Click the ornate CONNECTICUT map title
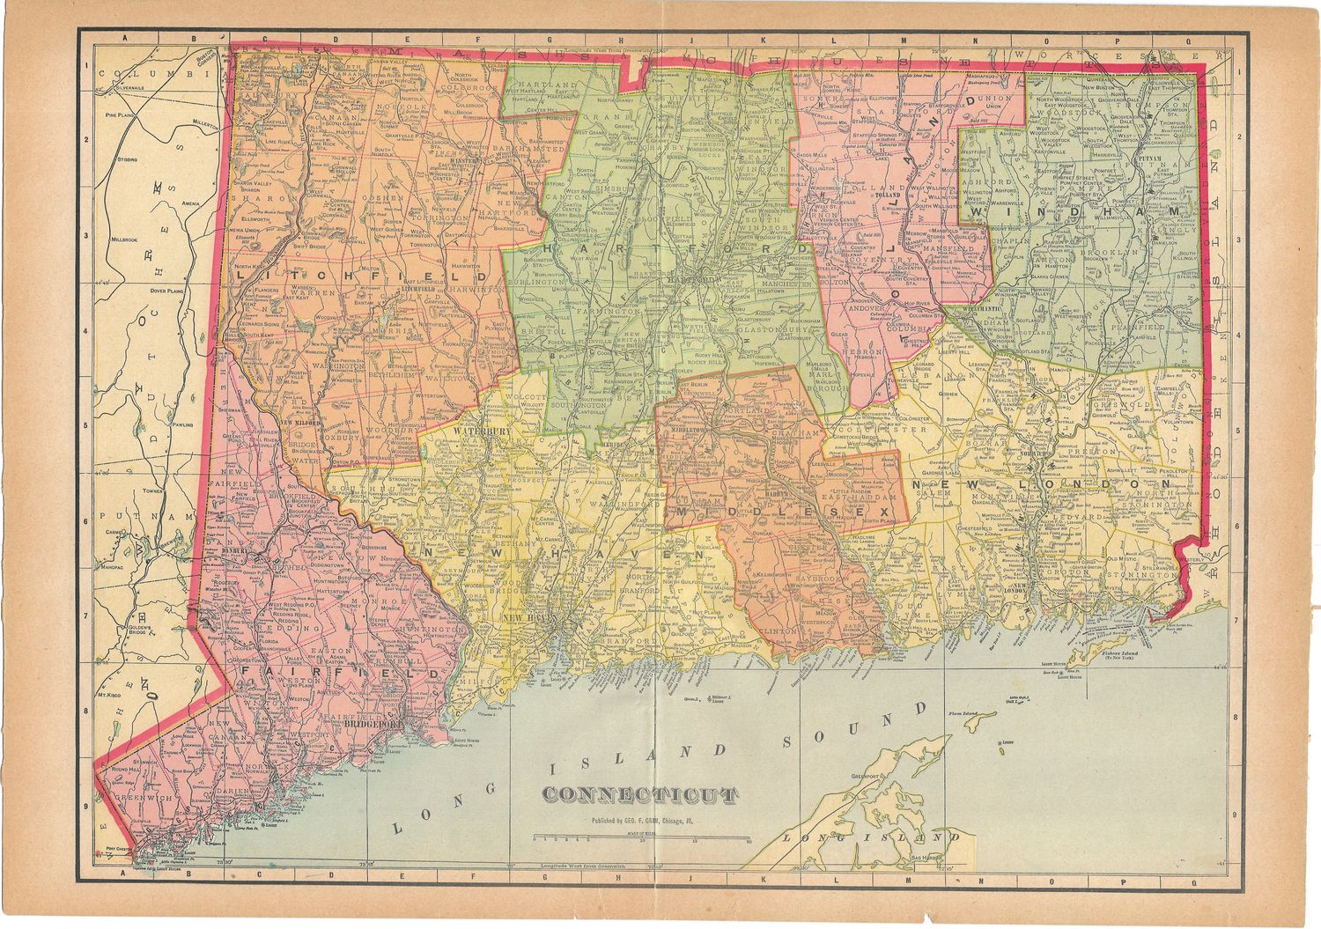(639, 795)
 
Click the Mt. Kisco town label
(108, 695)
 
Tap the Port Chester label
(117, 850)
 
